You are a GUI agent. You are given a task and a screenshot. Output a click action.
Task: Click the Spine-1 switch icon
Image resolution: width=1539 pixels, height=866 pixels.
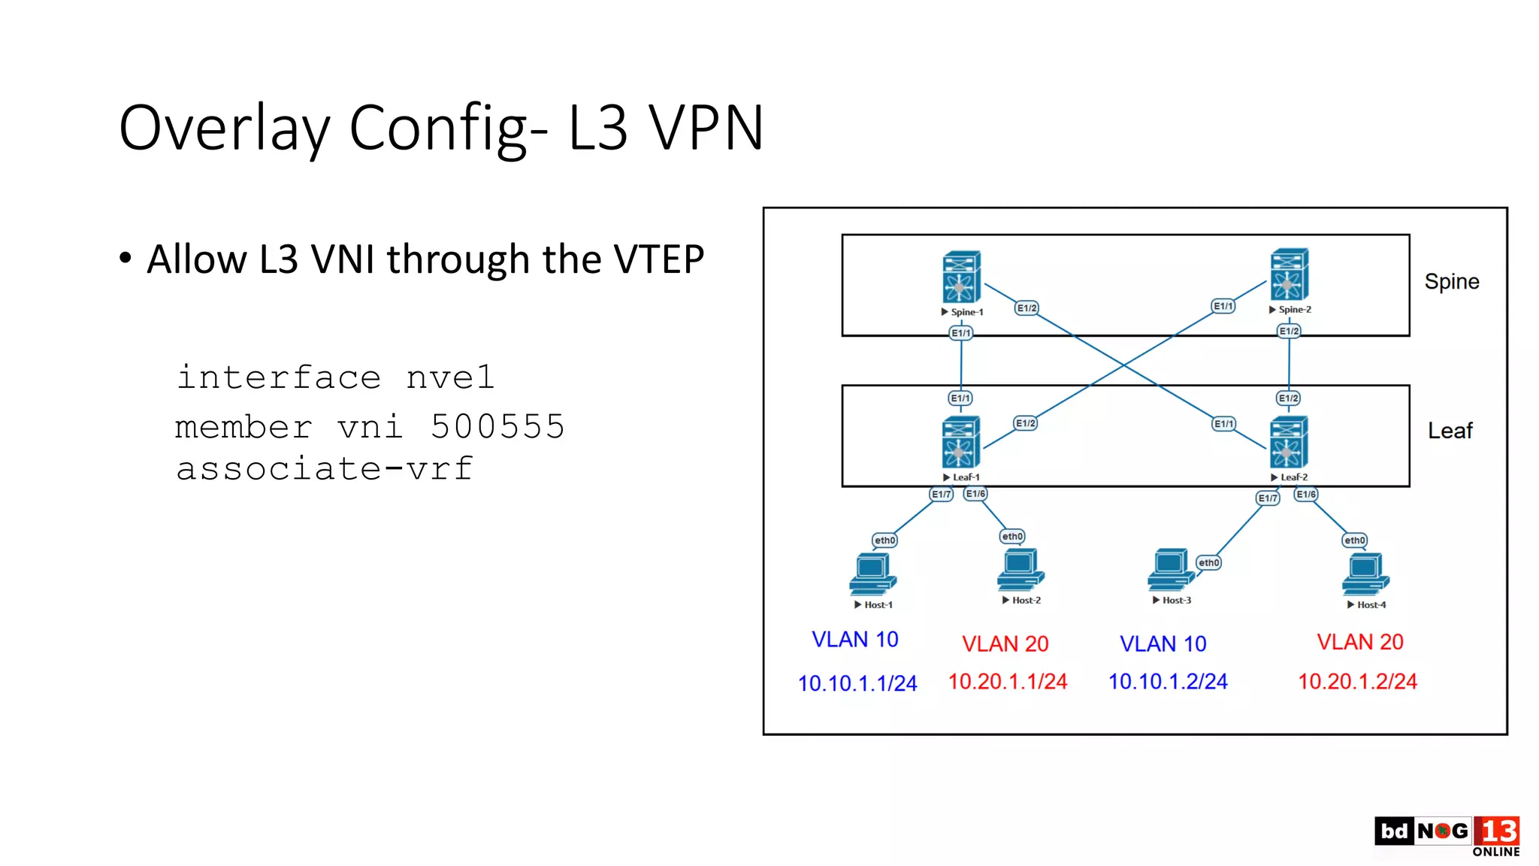pyautogui.click(x=961, y=277)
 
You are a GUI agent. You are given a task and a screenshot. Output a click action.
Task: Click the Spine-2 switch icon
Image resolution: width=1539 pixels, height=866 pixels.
pyautogui.click(x=1289, y=275)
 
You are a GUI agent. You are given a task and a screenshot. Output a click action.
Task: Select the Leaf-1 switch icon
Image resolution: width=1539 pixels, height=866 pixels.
pyautogui.click(x=960, y=443)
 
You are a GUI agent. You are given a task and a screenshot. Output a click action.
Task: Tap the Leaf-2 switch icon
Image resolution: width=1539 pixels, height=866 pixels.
pyautogui.click(x=1288, y=443)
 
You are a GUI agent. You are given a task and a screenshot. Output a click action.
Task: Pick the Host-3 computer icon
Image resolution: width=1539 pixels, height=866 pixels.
pyautogui.click(x=1169, y=570)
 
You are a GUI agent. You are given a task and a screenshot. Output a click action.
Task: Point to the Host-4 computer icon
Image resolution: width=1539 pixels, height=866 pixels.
pyautogui.click(x=1365, y=574)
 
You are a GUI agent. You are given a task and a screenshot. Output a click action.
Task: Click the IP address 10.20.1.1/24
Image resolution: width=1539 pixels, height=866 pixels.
pyautogui.click(x=1007, y=681)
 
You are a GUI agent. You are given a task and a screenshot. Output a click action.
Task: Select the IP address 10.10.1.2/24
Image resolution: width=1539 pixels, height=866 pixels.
pyautogui.click(x=1168, y=681)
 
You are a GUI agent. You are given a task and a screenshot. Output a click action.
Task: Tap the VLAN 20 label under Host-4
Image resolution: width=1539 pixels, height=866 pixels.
pyautogui.click(x=1359, y=642)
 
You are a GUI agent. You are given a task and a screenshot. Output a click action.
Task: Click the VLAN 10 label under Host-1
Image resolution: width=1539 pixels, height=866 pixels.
pyautogui.click(x=854, y=640)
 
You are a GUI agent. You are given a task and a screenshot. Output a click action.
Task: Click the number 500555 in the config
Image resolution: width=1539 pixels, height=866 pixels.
pyautogui.click(x=497, y=427)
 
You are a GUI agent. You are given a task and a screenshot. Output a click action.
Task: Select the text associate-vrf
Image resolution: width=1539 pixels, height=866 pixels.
pyautogui.click(x=325, y=469)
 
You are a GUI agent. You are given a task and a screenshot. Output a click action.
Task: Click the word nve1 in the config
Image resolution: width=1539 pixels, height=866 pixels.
pyautogui.click(x=450, y=377)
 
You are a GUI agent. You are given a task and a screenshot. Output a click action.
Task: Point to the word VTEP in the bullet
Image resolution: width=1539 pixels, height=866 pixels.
pyautogui.click(x=658, y=259)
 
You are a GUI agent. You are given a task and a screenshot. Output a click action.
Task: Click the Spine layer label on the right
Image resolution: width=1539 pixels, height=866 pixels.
pyautogui.click(x=1451, y=282)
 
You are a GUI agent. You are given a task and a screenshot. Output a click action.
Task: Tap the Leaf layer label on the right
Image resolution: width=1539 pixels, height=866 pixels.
pyautogui.click(x=1450, y=431)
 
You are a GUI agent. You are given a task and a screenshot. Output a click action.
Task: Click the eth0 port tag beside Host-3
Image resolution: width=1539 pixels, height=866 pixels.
pyautogui.click(x=1208, y=562)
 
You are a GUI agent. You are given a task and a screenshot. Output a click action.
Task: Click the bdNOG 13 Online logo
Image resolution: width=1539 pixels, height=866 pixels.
pyautogui.click(x=1447, y=835)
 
